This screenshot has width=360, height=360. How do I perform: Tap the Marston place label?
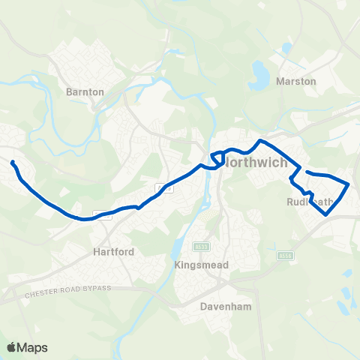[296, 81]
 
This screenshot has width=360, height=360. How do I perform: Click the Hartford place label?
[114, 252]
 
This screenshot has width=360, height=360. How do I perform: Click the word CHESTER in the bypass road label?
[42, 293]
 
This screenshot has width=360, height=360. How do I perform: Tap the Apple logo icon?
[12, 347]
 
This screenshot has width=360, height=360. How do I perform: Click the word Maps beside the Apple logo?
[32, 347]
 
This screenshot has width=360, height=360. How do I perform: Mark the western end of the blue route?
[13, 161]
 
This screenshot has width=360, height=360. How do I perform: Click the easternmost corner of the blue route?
[349, 184]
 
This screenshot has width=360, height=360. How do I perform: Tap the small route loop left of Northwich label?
[215, 160]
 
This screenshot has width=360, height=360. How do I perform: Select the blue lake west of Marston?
[259, 73]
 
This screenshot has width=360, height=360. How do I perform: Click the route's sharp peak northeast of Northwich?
[260, 141]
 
